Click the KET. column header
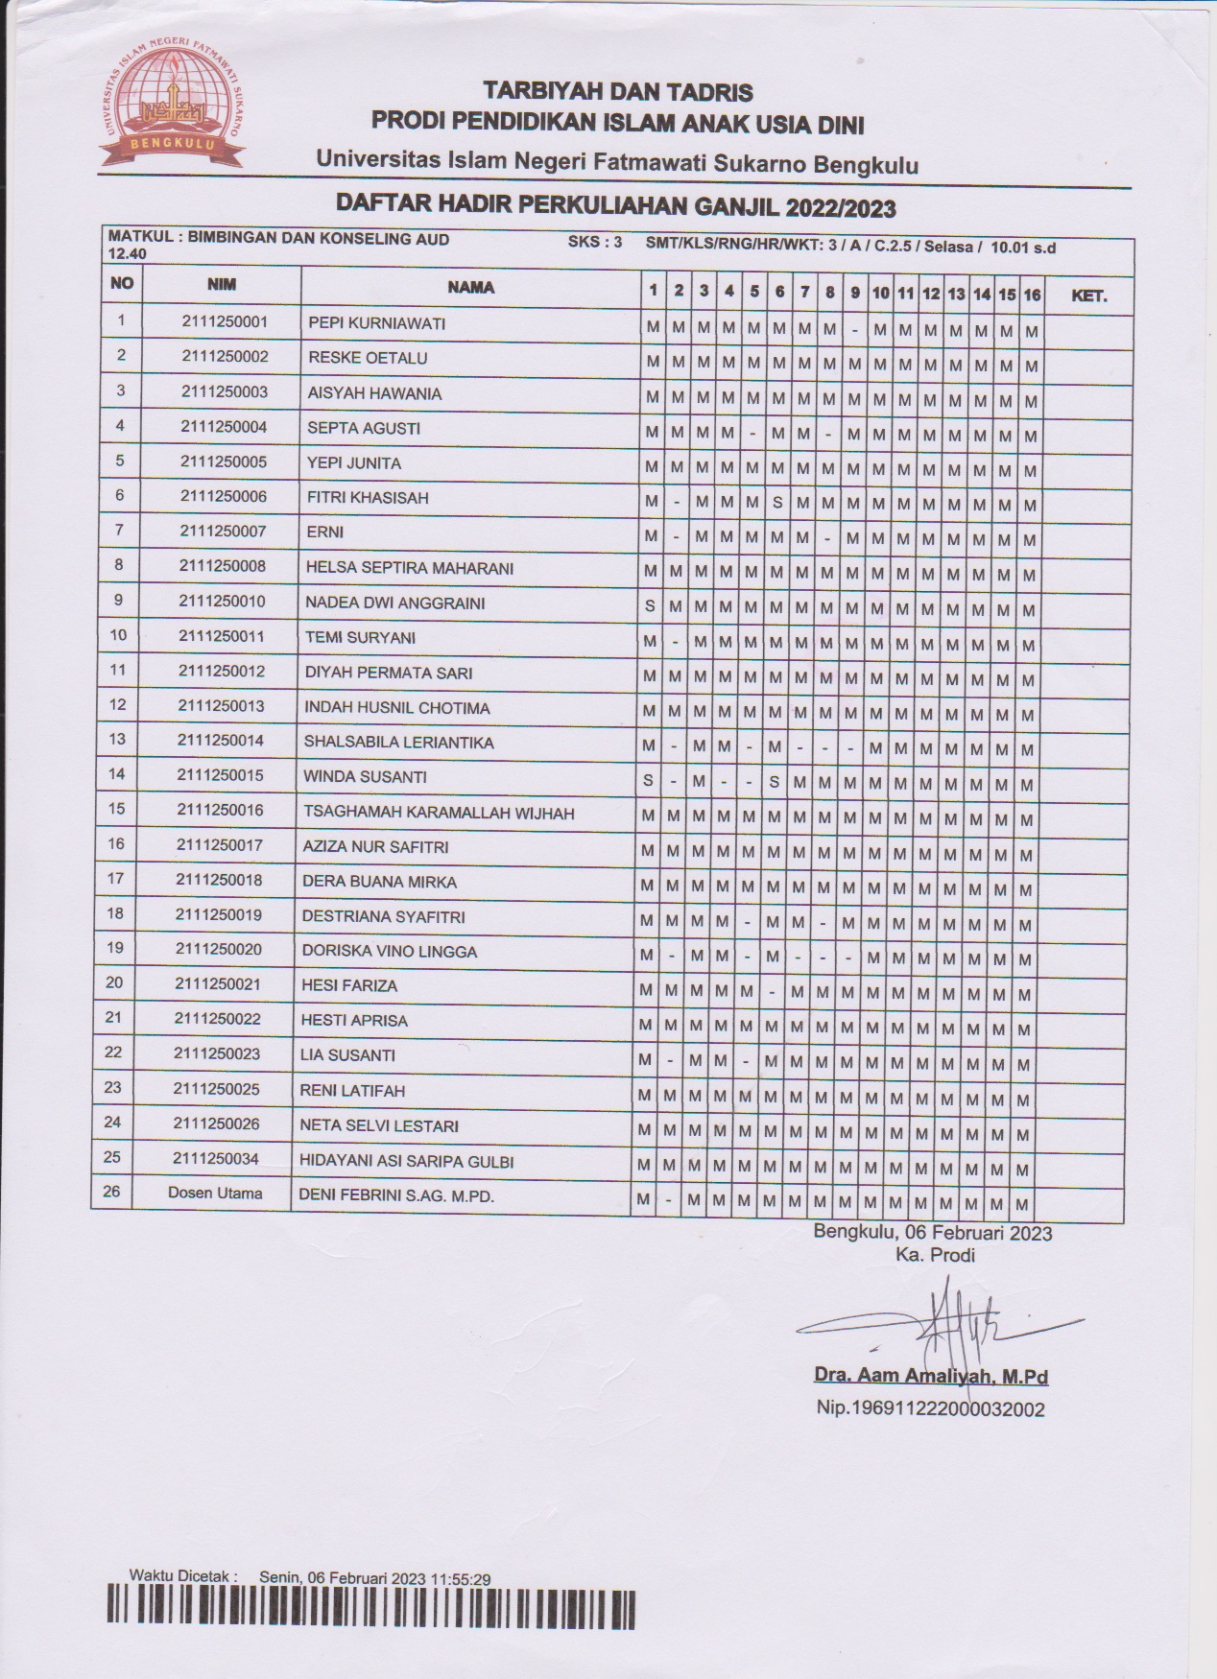pos(1088,296)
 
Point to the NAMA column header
pos(470,287)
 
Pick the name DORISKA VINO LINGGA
pos(389,952)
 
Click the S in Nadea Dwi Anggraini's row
pos(650,606)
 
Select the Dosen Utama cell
pos(215,1194)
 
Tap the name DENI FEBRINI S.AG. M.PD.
pos(396,1196)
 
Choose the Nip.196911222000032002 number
pos(930,1408)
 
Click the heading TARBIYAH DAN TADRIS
pos(618,92)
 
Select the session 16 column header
pos(1031,295)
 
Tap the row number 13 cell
pos(117,739)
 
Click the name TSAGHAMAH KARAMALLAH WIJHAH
pos(439,814)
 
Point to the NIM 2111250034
pos(216,1159)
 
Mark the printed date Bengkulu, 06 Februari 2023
pos(932,1233)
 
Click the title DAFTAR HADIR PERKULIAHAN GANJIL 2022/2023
pos(615,206)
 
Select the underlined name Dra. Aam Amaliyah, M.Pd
pos(930,1376)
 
